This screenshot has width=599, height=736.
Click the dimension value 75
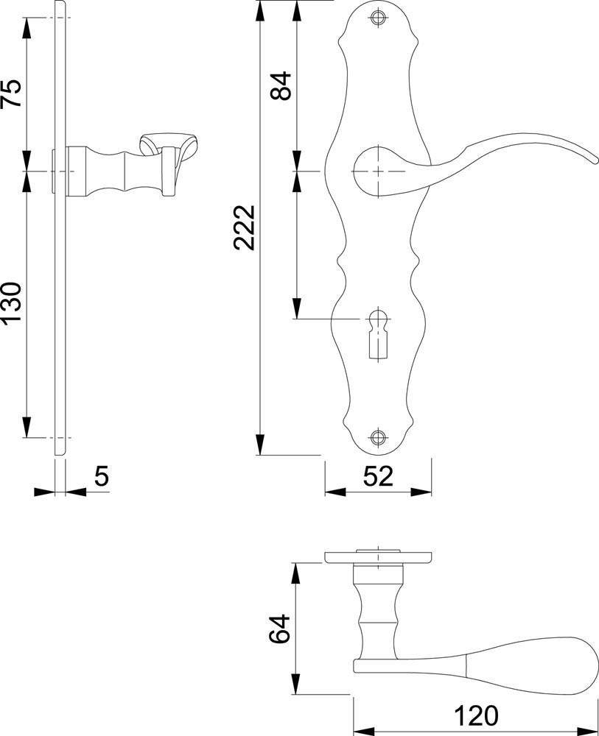12,93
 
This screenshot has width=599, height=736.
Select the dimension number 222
245,227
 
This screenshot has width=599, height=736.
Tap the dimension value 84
281,85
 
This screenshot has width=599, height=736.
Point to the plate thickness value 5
102,476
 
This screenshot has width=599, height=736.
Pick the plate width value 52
378,476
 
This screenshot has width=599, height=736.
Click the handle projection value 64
280,629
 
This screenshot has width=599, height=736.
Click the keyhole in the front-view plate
378,333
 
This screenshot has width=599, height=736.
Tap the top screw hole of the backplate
377,18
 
